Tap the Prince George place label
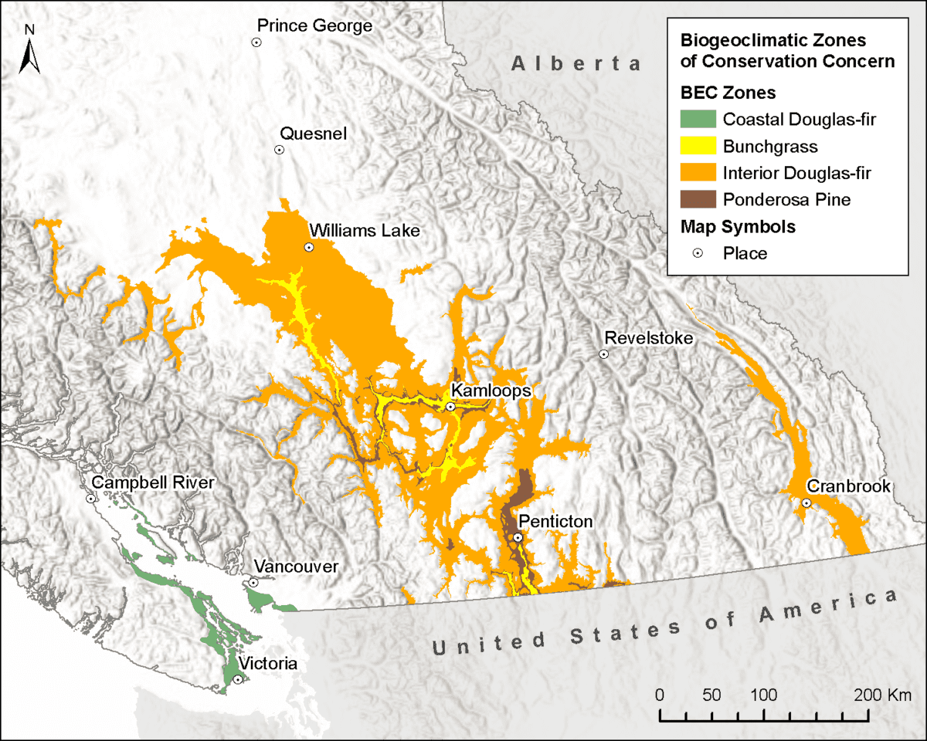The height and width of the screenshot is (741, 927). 314,26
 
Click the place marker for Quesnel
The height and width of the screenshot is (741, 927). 280,150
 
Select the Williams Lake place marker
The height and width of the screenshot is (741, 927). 309,247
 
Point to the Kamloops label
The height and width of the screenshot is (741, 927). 491,391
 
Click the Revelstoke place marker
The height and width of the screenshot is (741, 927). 604,354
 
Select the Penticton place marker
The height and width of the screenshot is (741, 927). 518,537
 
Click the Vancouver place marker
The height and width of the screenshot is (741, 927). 253,583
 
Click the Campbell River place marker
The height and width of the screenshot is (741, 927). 90,499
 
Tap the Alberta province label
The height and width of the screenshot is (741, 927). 576,63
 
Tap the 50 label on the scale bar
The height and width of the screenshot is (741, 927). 712,694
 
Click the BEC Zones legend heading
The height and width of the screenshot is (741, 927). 728,93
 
